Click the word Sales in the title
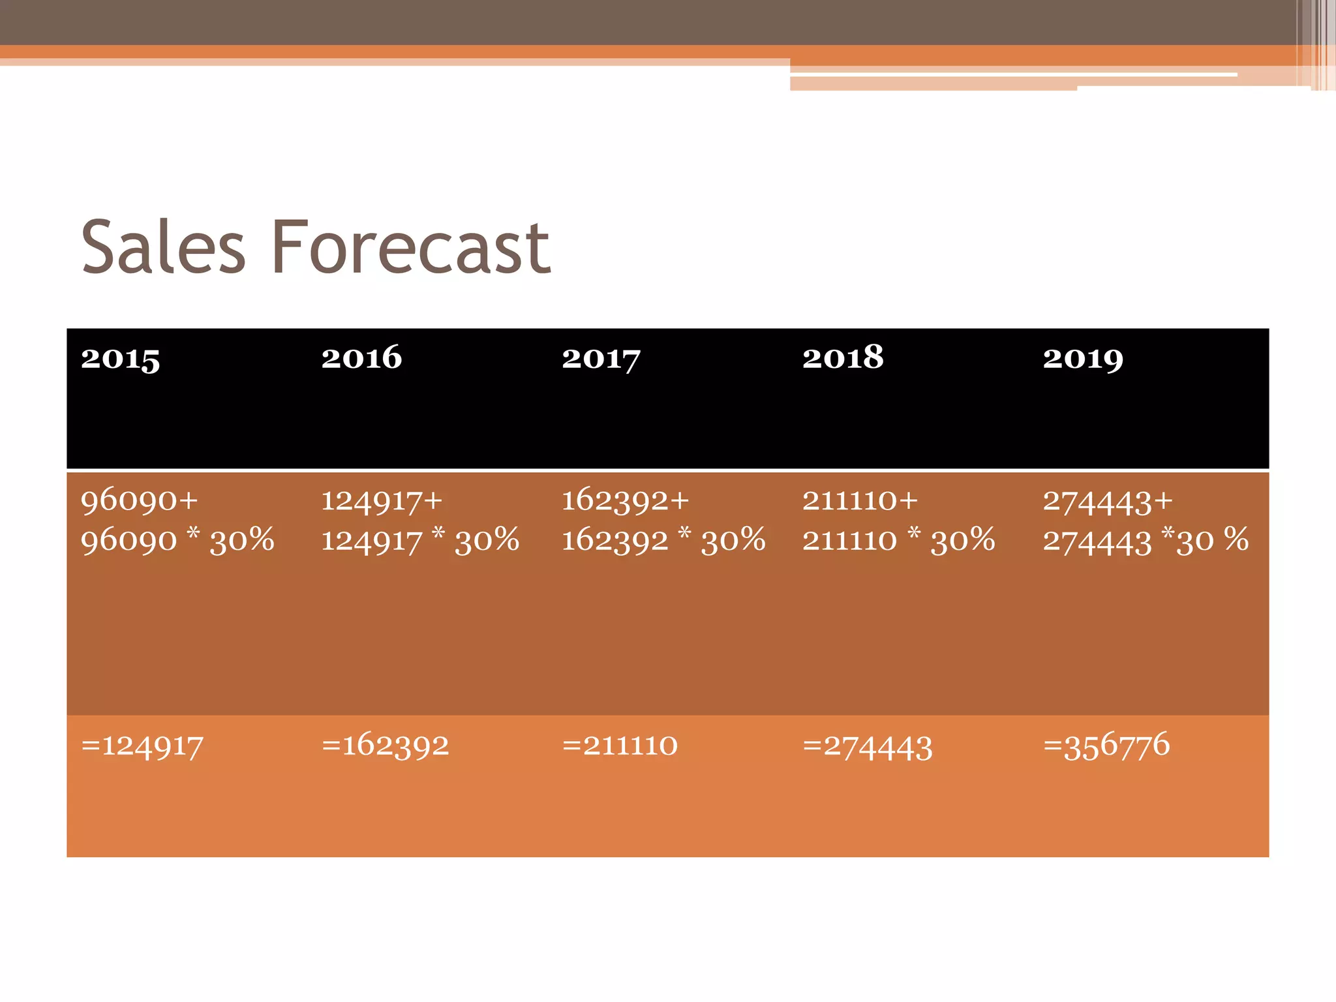tap(163, 248)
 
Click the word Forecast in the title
tap(411, 248)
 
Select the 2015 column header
tap(120, 358)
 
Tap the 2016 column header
tap(361, 357)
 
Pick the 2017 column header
tap(601, 358)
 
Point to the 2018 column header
tap(843, 357)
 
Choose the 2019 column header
tap(1083, 358)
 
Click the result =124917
tap(142, 745)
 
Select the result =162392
tap(385, 745)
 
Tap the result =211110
tap(620, 745)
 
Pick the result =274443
tap(868, 746)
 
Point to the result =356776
tap(1106, 745)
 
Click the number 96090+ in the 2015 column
tap(139, 500)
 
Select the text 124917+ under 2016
tap(382, 501)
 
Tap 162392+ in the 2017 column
tap(625, 500)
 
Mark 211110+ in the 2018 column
tap(860, 500)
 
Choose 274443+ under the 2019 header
tap(1108, 501)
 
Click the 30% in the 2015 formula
tap(242, 540)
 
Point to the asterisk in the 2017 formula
tap(684, 534)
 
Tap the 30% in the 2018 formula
tap(963, 540)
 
